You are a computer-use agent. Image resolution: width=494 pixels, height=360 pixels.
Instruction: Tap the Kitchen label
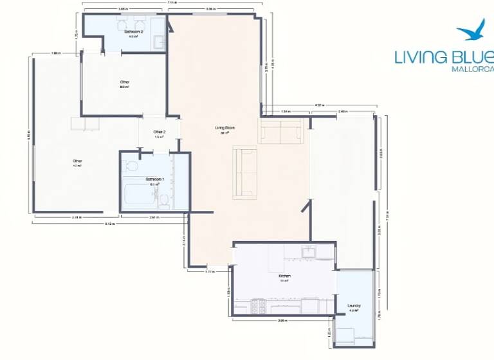pos(284,276)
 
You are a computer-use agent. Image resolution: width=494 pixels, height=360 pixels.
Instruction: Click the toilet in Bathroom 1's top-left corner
pos(131,165)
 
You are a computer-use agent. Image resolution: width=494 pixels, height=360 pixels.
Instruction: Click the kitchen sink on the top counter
pos(309,251)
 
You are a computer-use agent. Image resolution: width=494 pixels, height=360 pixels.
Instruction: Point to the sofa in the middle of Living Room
pos(245,172)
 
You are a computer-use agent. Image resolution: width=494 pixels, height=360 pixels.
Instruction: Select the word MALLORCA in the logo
pos(473,69)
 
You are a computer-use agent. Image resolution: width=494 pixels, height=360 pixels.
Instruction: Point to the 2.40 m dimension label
pos(342,112)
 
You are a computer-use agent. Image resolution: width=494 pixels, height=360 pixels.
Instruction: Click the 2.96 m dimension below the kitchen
pos(282,319)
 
